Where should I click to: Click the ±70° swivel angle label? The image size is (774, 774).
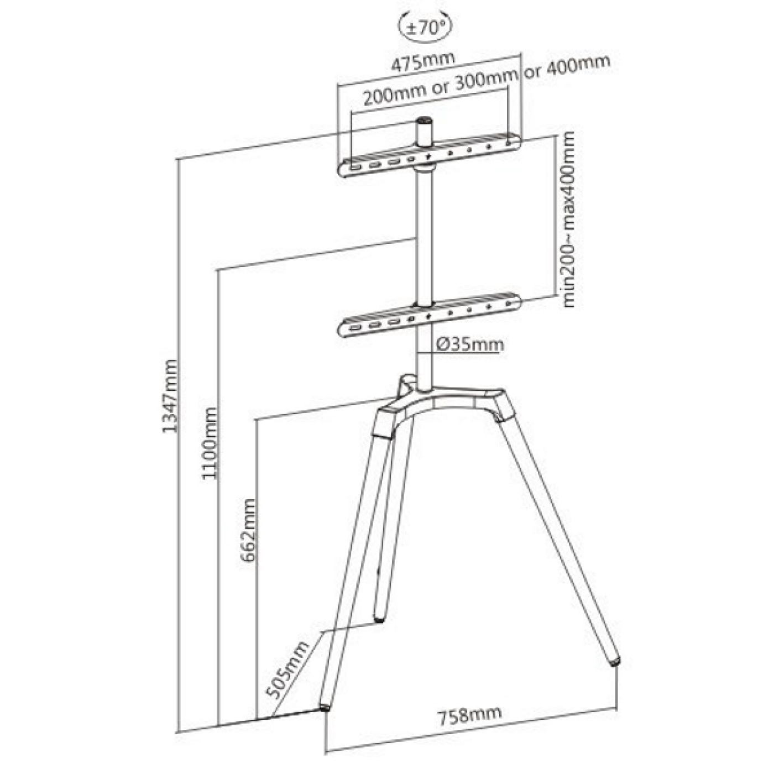pos(425,28)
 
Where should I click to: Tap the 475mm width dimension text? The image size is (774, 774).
pos(423,61)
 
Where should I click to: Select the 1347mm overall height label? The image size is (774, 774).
pos(170,395)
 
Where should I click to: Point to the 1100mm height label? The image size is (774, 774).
pos(210,442)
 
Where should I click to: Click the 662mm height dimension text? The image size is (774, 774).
pos(249,530)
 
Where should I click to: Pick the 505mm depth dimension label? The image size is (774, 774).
pos(287,670)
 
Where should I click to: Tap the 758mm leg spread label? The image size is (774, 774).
pos(470,715)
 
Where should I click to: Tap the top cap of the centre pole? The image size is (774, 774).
pos(424,121)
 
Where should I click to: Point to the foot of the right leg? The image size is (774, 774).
pos(614,660)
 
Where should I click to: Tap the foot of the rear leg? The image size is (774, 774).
pos(379,619)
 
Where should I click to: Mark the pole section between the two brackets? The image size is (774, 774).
pos(424,238)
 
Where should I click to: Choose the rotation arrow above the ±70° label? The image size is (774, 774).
pos(425,17)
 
